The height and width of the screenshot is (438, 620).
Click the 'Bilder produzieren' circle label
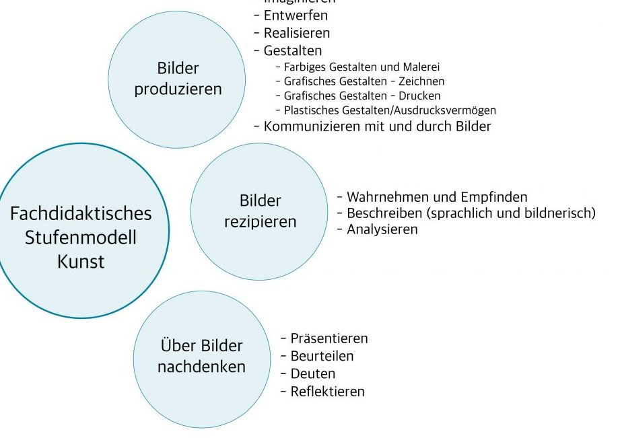178,79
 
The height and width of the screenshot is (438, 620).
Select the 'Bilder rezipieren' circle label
260,211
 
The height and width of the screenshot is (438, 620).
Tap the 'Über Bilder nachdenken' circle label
201,357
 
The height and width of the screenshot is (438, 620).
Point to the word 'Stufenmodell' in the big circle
81,238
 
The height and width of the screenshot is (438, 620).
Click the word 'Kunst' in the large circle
81,261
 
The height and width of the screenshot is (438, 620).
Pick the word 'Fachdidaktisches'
81,214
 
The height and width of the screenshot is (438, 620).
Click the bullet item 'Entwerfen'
296,15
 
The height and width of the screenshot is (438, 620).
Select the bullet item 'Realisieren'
296,32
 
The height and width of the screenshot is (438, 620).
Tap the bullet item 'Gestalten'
292,50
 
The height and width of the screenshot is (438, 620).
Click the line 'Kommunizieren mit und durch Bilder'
377,126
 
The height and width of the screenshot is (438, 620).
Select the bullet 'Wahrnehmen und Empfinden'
436,197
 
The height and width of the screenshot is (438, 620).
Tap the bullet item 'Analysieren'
382,229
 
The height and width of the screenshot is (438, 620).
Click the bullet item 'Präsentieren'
329,338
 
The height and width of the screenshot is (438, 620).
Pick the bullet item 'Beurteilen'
321,356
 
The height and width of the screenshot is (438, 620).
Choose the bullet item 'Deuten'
312,373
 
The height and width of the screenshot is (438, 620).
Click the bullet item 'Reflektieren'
326,391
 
